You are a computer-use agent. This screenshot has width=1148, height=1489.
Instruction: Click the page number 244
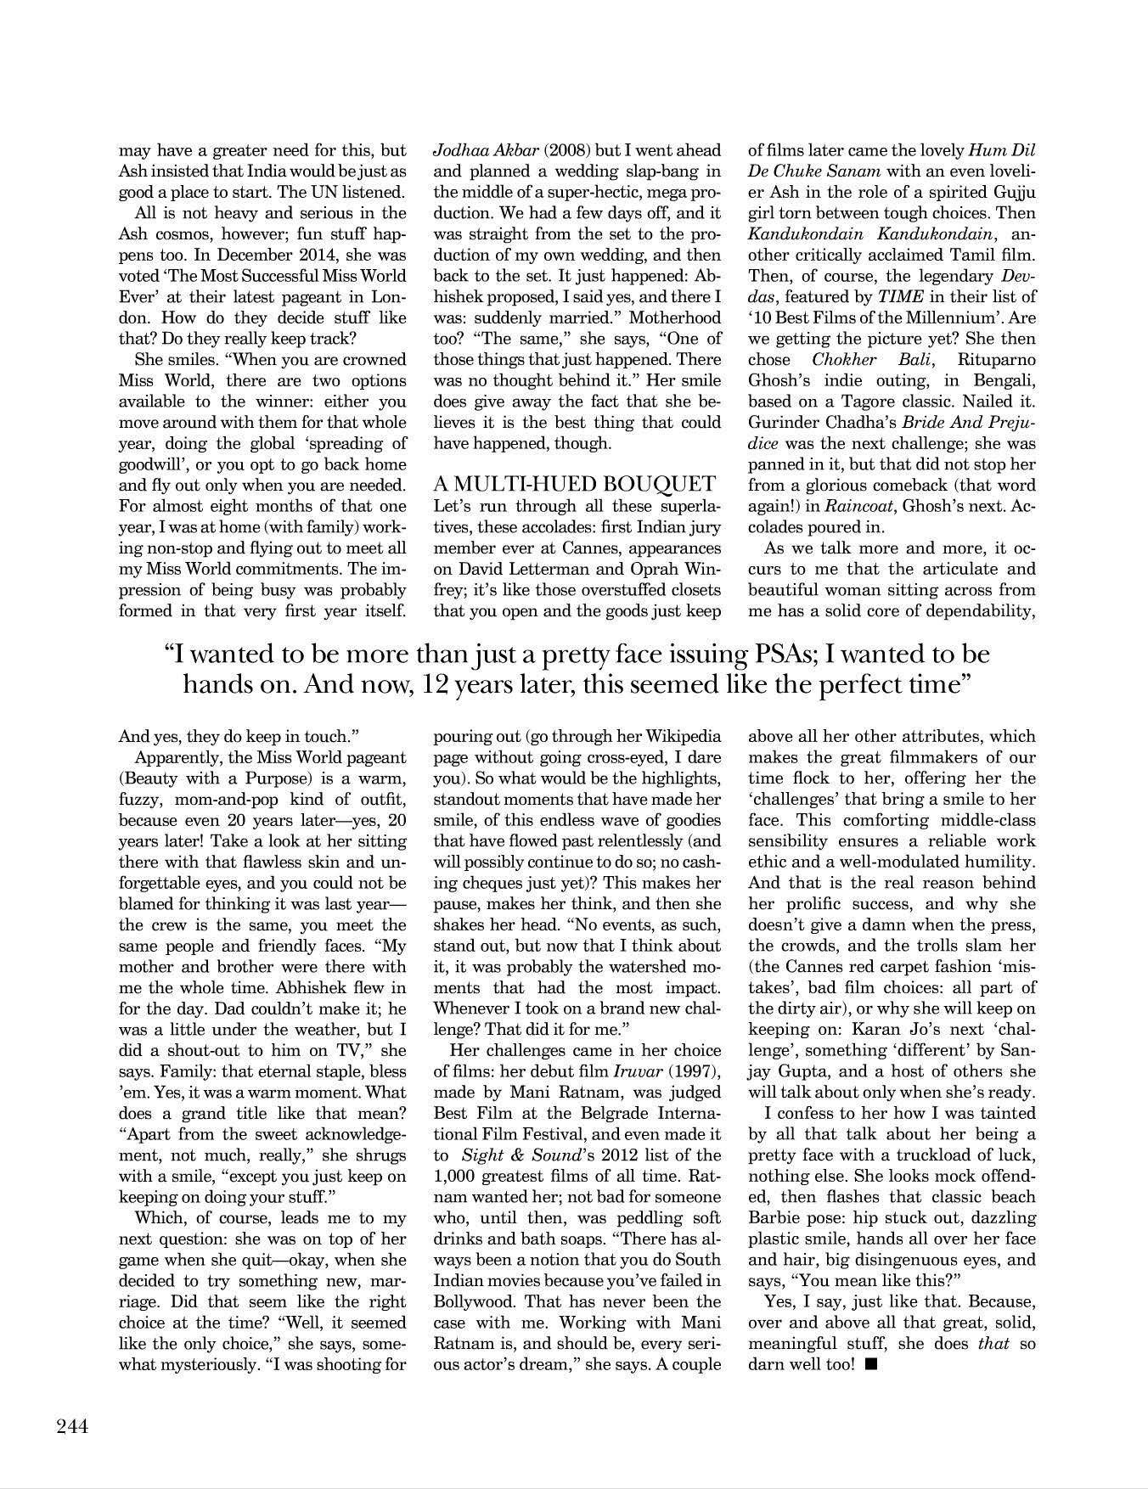point(72,1427)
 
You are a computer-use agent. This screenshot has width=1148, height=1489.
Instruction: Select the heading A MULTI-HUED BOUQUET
point(575,485)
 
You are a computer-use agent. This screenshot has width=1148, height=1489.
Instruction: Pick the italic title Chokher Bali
point(864,359)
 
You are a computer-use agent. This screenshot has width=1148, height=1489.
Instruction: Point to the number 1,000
point(458,1176)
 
